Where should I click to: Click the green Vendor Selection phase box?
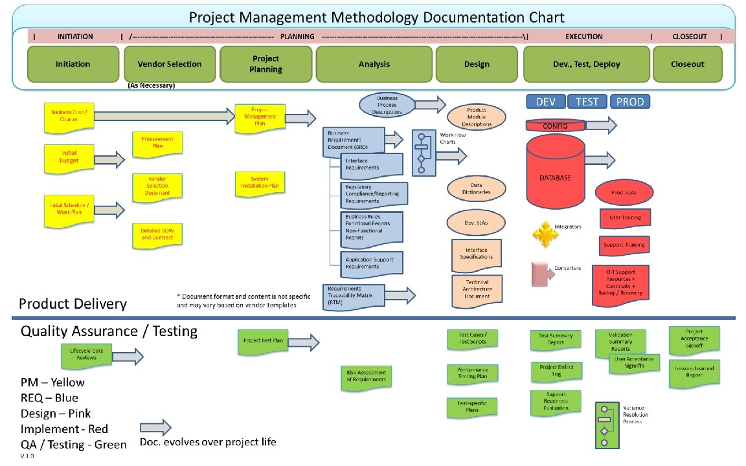(x=170, y=64)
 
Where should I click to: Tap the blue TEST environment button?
(x=587, y=102)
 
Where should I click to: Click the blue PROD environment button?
(x=629, y=102)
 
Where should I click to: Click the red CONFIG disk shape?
(x=555, y=126)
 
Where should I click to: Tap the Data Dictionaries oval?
(x=476, y=188)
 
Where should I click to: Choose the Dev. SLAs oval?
(x=476, y=223)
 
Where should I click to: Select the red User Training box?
(x=625, y=218)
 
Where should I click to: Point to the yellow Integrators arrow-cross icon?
(x=544, y=234)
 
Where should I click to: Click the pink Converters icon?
(x=540, y=274)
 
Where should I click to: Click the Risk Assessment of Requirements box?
(x=366, y=377)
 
